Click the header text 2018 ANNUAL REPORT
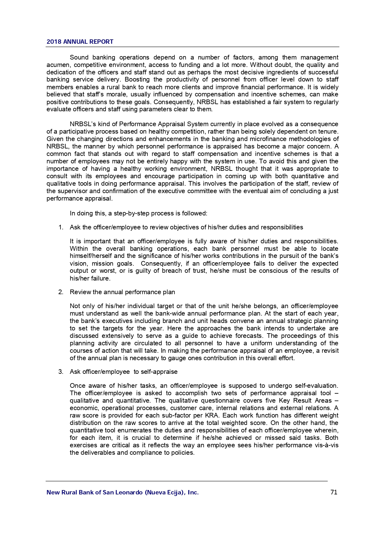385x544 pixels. point(80,42)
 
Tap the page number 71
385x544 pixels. point(334,492)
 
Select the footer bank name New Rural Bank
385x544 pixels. point(122,492)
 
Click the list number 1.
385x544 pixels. point(61,227)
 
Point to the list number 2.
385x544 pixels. point(61,292)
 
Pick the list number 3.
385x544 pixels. point(61,372)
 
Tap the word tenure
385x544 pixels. point(329,131)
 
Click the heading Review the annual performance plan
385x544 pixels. point(122,292)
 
